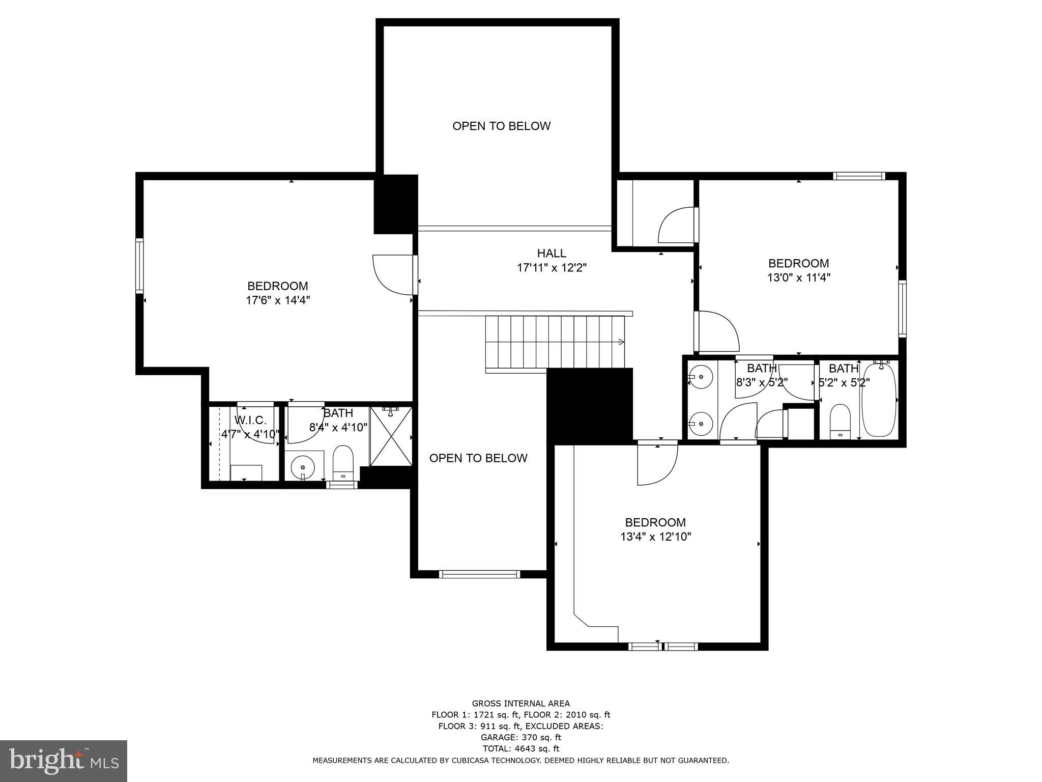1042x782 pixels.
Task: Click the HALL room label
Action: pyautogui.click(x=552, y=253)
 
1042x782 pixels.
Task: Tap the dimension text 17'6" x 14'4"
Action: pyautogui.click(x=278, y=300)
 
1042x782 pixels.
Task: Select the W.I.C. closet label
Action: pyautogui.click(x=250, y=420)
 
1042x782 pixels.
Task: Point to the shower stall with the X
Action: pyautogui.click(x=391, y=436)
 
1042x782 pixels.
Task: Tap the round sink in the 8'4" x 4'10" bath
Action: pyautogui.click(x=303, y=466)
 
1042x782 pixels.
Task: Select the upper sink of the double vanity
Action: pyautogui.click(x=701, y=377)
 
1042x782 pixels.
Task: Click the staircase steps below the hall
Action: pyautogui.click(x=555, y=341)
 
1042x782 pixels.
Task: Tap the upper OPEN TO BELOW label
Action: pyautogui.click(x=501, y=126)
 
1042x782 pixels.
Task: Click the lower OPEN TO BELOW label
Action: pyautogui.click(x=478, y=458)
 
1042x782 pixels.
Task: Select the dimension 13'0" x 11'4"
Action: pyautogui.click(x=798, y=278)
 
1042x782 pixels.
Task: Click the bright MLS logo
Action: pyautogui.click(x=64, y=761)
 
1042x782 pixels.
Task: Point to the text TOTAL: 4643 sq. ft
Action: pyautogui.click(x=520, y=748)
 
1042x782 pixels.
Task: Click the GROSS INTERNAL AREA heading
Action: pyautogui.click(x=520, y=704)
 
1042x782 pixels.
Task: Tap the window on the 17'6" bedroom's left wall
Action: pyautogui.click(x=139, y=266)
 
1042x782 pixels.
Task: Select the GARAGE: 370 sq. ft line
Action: pyautogui.click(x=520, y=737)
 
